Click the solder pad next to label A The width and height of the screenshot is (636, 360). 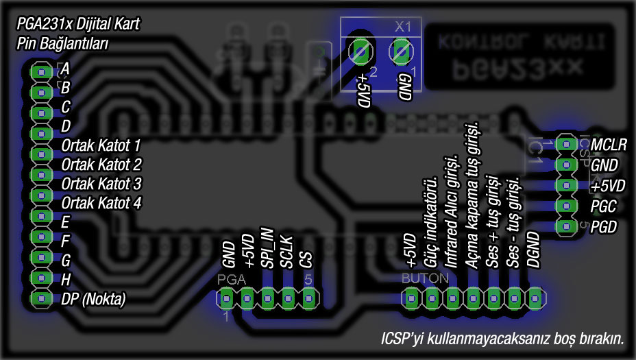pos(41,71)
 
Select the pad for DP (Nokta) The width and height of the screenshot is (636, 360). pos(41,299)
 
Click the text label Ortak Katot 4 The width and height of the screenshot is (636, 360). pos(101,204)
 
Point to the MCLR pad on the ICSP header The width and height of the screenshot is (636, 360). pos(565,144)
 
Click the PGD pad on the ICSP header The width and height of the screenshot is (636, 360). pos(565,226)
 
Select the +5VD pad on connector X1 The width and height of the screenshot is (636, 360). pos(360,51)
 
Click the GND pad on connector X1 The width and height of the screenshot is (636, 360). pos(400,51)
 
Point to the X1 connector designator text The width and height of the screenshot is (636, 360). pos(403,27)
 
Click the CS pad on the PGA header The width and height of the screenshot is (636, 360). pos(309,298)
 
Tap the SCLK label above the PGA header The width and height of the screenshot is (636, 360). pos(288,252)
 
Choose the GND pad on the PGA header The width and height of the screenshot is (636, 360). pos(227,298)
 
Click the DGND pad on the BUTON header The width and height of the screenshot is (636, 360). pos(535,298)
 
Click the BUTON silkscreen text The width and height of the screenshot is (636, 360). pos(425,280)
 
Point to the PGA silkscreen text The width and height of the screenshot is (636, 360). pos(230,280)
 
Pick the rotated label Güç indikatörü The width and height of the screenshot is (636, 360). pos(431,222)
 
